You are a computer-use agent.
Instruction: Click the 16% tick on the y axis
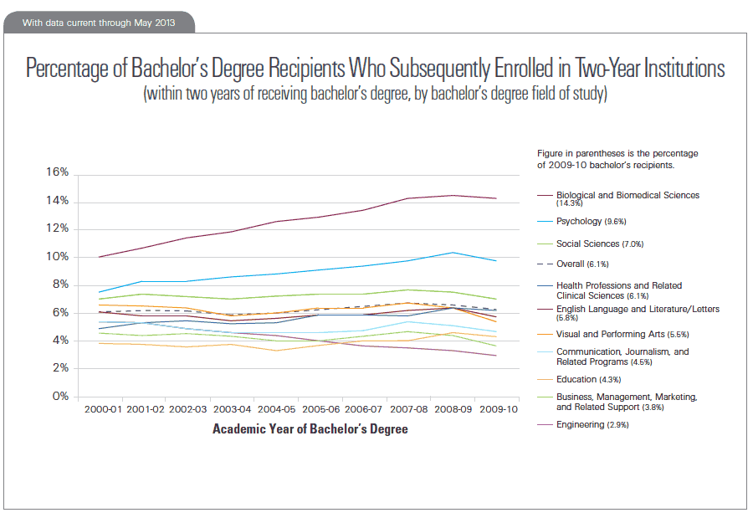coord(56,173)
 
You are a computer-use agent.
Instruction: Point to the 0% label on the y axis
coord(59,397)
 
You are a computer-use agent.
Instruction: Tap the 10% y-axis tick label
coord(56,257)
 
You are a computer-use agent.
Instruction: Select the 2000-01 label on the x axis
coord(100,411)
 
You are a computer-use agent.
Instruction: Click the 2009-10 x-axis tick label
coord(497,411)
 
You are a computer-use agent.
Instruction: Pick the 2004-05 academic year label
coord(276,411)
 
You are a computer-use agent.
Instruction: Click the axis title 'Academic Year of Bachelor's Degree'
coord(310,429)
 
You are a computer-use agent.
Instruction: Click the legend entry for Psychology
coord(586,221)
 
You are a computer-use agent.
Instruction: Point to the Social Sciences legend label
coord(600,244)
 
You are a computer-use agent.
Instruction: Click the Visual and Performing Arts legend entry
coord(611,334)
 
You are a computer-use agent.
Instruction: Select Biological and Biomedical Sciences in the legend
coord(627,195)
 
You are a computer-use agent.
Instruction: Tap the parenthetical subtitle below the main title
coord(375,93)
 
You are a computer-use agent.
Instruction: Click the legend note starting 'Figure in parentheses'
coord(617,158)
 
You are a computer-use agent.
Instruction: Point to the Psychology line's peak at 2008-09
coord(453,253)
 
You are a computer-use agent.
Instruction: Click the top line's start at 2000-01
coord(100,257)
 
